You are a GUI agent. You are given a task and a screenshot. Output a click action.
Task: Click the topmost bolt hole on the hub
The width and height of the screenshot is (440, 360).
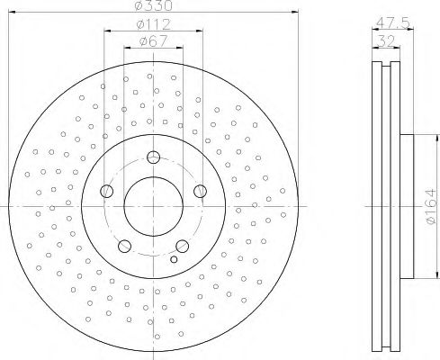pyautogui.click(x=152, y=157)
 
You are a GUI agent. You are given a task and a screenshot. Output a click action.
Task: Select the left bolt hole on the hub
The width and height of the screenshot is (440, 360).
pyautogui.click(x=107, y=191)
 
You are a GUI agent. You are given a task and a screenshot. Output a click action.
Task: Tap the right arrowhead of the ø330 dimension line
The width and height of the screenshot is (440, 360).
pyautogui.click(x=293, y=12)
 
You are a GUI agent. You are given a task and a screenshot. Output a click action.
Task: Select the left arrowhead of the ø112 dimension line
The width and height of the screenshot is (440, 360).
pyautogui.click(x=107, y=30)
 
